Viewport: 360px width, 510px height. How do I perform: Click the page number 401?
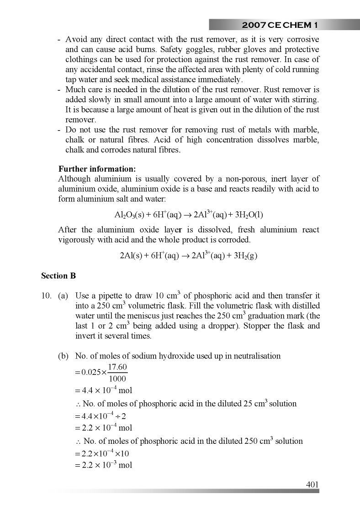(x=312, y=484)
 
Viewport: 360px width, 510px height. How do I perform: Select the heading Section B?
(x=58, y=276)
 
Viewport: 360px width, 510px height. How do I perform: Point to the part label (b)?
(x=64, y=356)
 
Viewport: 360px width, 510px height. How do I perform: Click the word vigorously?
(x=76, y=240)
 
